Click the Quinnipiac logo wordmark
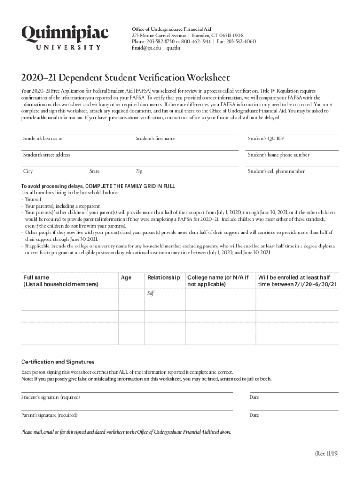65,33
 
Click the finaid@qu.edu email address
148,47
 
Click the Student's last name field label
43,138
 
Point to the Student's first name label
155,138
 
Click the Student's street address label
47,155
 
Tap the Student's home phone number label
278,155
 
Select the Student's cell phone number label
276,171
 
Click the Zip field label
139,171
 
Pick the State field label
94,171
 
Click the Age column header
126,277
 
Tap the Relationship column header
163,277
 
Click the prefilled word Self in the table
151,293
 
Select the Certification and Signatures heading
58,362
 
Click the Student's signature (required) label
50,397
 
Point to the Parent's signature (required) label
49,415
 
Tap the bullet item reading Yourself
33,199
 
